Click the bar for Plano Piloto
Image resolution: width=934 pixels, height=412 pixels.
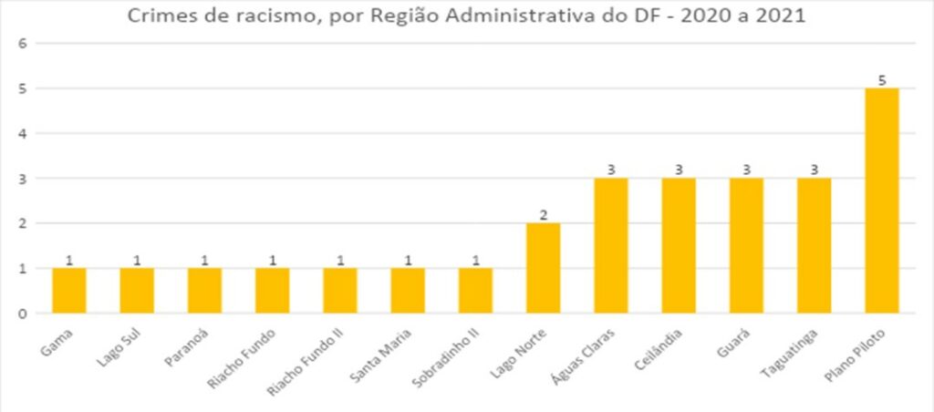[x=882, y=201]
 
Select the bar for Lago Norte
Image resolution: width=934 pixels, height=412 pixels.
[x=544, y=268]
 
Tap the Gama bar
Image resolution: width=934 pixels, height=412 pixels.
[x=69, y=291]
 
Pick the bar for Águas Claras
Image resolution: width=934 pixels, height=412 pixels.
[x=611, y=246]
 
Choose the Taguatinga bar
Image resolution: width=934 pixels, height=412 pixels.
[x=815, y=246]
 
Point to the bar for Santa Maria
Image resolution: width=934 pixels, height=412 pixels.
[x=408, y=291]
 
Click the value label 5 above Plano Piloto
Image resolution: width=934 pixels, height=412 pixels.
[x=882, y=79]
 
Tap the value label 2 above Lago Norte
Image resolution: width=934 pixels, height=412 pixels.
[x=544, y=214]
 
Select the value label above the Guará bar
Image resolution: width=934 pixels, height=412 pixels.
[x=747, y=170]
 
